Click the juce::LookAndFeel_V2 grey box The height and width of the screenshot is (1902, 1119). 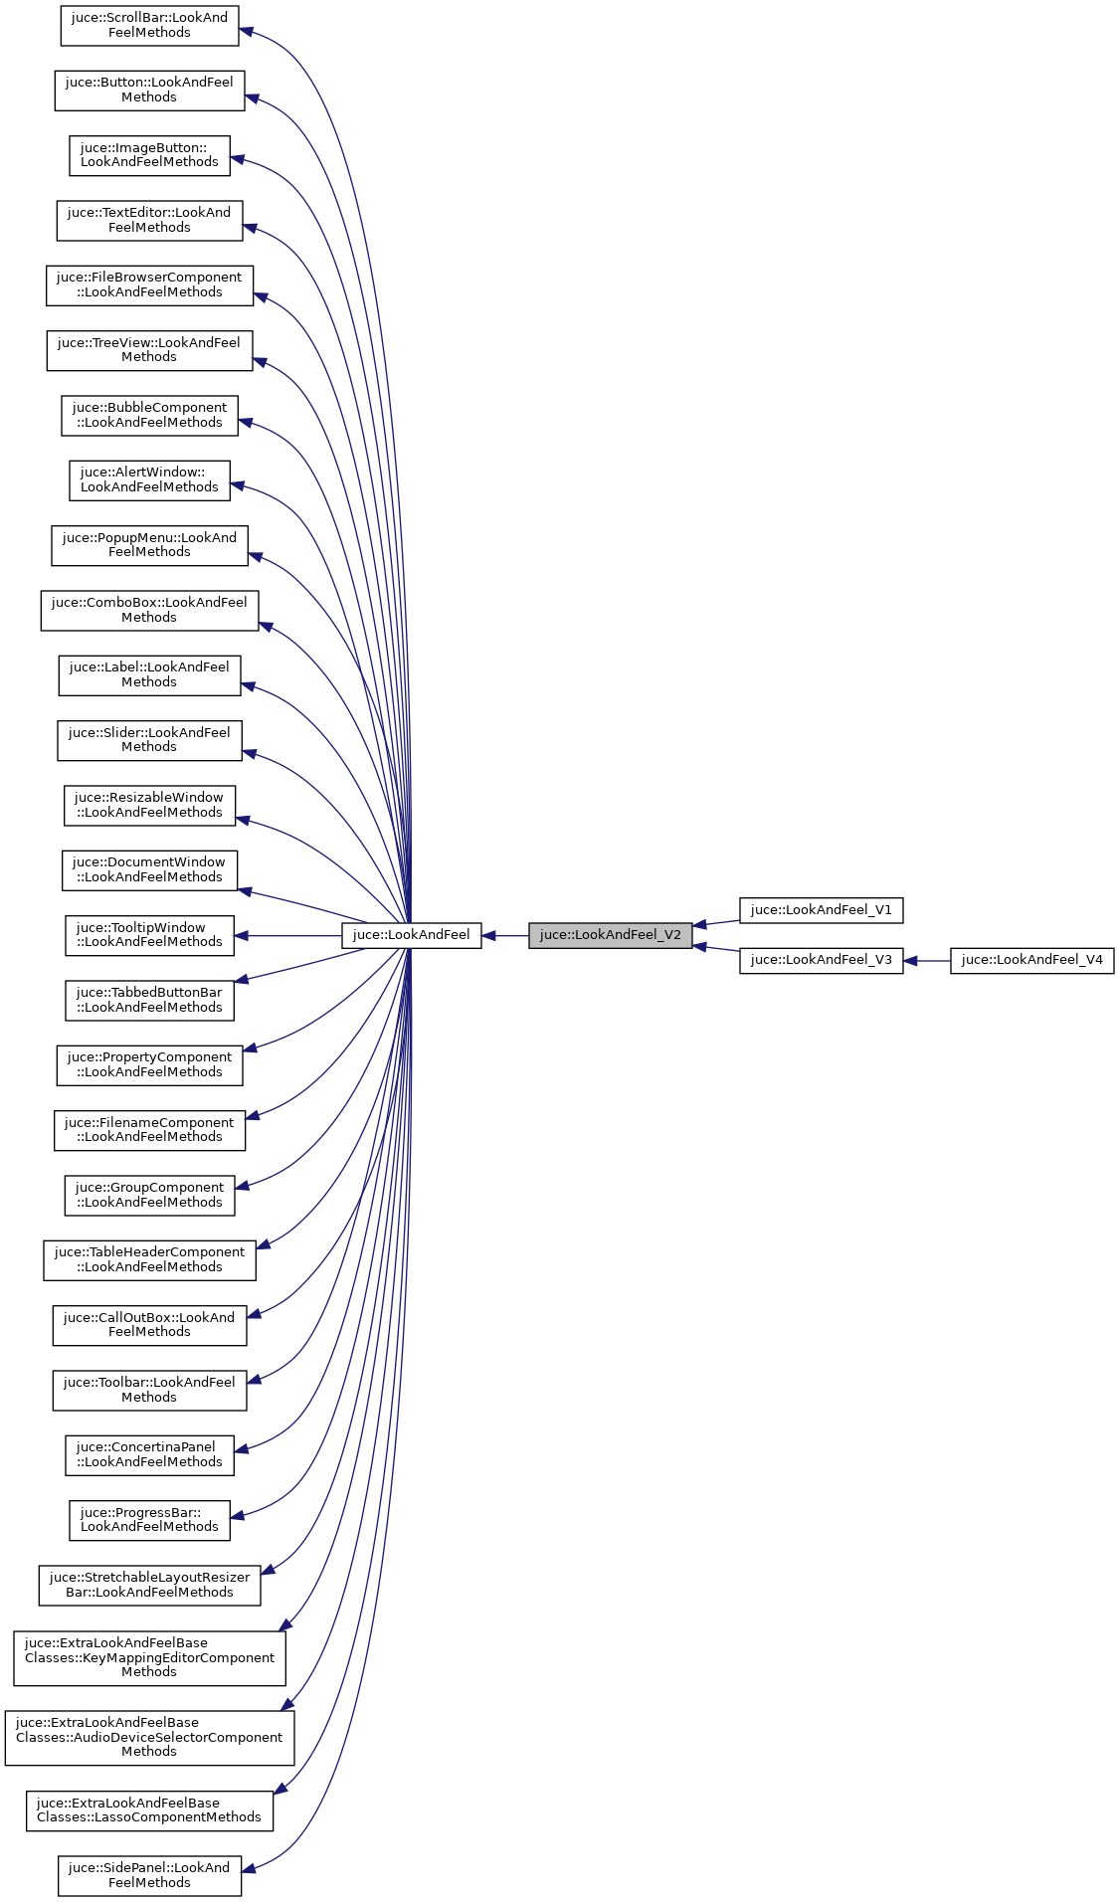pyautogui.click(x=610, y=935)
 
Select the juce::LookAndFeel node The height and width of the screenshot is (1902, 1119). pyautogui.click(x=411, y=935)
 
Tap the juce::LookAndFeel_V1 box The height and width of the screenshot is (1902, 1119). pyautogui.click(x=821, y=910)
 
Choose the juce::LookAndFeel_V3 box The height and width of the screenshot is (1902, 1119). pyautogui.click(x=821, y=960)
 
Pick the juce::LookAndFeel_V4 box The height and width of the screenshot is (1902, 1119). pyautogui.click(x=1031, y=960)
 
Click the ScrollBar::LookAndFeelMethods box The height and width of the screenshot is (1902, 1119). pyautogui.click(x=149, y=26)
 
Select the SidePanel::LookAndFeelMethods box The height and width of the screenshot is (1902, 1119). pyautogui.click(x=149, y=1875)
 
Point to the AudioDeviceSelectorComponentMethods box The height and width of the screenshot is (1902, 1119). pyautogui.click(x=149, y=1738)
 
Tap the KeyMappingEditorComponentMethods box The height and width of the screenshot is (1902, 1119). pyautogui.click(x=149, y=1658)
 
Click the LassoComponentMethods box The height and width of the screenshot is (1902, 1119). pyautogui.click(x=149, y=1810)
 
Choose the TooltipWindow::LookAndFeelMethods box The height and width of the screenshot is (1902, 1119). pyautogui.click(x=149, y=935)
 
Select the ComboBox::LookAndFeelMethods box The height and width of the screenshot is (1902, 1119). pyautogui.click(x=149, y=610)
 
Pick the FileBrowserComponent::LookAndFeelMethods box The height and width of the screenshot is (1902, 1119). pyautogui.click(x=149, y=285)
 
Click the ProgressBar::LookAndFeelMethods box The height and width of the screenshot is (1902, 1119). pyautogui.click(x=149, y=1520)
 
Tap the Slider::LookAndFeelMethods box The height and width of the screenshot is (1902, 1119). pyautogui.click(x=149, y=740)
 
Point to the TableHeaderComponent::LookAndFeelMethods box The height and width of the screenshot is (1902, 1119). pyautogui.click(x=149, y=1260)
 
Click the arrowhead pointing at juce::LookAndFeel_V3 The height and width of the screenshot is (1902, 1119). pyautogui.click(x=911, y=961)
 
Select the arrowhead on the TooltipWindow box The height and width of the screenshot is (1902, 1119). pyautogui.click(x=242, y=935)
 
